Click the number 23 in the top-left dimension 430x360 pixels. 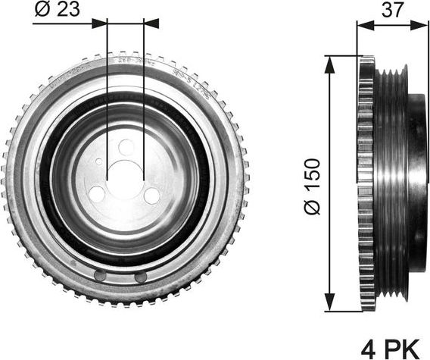pos(69,9)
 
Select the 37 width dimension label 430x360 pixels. pos(393,9)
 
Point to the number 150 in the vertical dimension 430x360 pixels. pos(313,174)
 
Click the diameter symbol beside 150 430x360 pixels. pos(313,206)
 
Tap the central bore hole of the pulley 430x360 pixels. pos(126,176)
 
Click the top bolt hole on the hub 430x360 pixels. pos(126,147)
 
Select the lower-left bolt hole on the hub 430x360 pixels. pos(98,194)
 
